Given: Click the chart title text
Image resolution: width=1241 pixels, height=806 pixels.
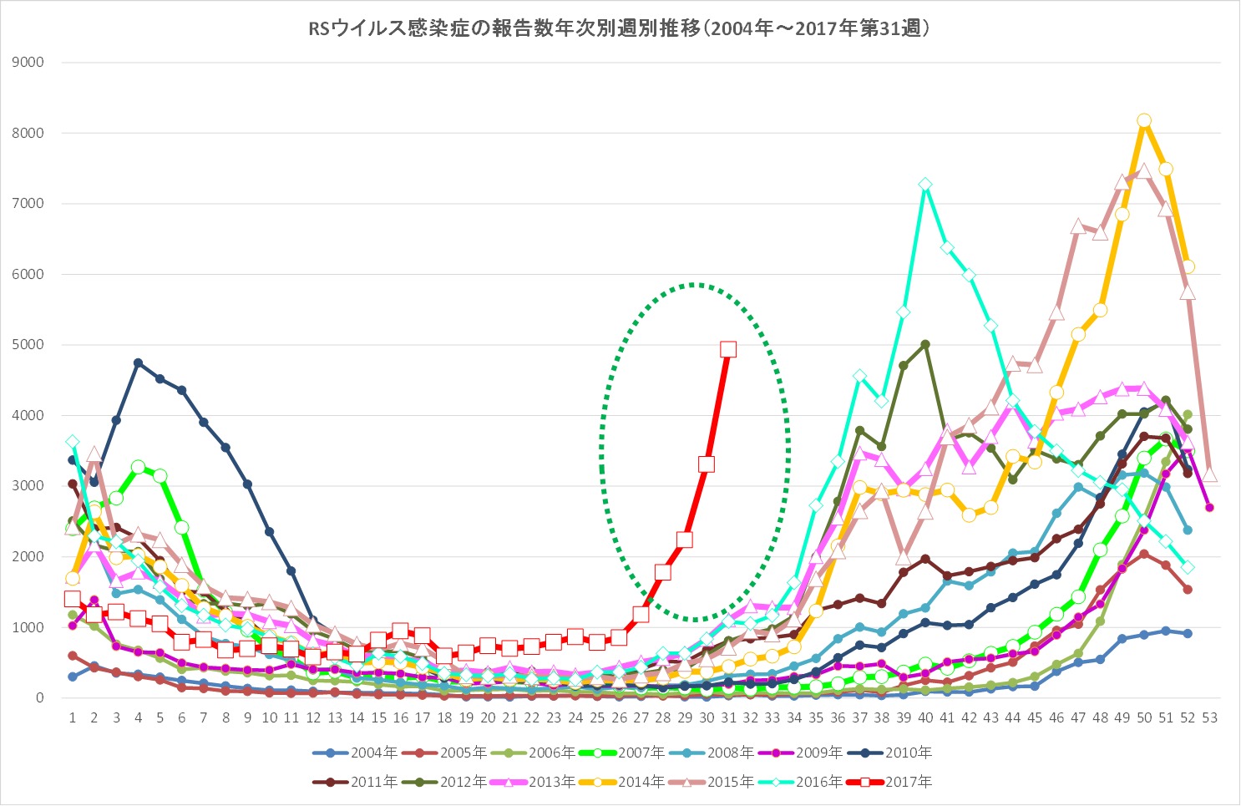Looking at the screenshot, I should pos(620,29).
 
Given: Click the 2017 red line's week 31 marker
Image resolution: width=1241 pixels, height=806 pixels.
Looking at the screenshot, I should pos(728,349).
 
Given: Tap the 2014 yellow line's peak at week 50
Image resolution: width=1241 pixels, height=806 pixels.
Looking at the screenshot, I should pos(1144,121).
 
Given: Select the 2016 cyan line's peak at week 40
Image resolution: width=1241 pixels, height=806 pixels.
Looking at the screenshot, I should pos(925,185).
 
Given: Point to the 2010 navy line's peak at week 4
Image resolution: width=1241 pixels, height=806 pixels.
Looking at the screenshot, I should pos(138,362).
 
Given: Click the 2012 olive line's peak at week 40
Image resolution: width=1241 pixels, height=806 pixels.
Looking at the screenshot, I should pos(925,344).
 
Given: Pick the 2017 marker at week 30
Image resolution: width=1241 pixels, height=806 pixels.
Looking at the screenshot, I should pos(707,464).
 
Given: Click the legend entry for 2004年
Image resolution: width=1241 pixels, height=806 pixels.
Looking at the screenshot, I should pos(359,753).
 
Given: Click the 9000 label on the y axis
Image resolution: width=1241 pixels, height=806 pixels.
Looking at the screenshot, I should pos(28,63).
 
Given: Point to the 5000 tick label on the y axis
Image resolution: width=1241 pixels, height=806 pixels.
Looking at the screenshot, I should pos(28,345).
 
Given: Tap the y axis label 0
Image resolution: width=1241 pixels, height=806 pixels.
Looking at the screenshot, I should pos(39,698).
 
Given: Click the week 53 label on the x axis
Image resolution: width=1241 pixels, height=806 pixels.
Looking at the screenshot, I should pos(1209,717).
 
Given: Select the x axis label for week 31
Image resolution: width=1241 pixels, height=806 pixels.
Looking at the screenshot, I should pos(728,717).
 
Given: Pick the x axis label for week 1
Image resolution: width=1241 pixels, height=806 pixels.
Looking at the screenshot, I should pos(73,717).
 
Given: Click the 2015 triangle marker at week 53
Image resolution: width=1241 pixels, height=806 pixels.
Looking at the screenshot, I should pos(1209,474).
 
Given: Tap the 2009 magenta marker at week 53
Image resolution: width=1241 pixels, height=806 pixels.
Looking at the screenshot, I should pos(1209,508).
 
